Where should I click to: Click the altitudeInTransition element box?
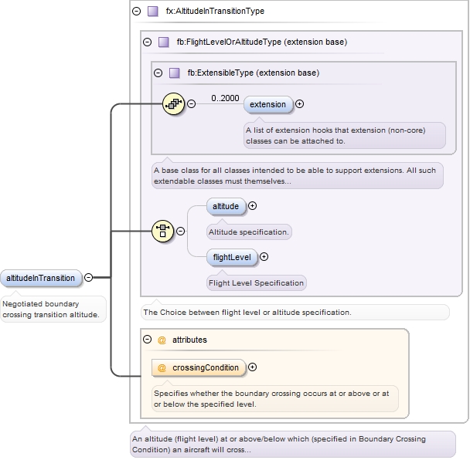[x=41, y=278]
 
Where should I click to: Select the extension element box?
[x=267, y=104]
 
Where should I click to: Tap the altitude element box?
[x=226, y=206]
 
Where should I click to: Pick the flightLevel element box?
[x=232, y=257]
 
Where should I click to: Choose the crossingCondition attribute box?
[x=199, y=368]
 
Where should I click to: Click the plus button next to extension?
[x=300, y=104]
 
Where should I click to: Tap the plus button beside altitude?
[x=252, y=206]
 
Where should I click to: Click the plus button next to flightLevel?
[x=264, y=257]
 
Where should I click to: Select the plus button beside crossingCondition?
[x=252, y=368]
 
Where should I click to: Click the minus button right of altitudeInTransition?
[x=89, y=278]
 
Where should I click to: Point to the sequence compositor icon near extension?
[x=173, y=103]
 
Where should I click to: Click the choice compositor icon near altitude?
[x=162, y=230]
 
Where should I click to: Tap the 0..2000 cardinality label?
[x=225, y=98]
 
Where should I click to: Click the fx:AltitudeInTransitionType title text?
[x=215, y=12]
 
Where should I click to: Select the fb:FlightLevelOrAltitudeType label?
[x=261, y=42]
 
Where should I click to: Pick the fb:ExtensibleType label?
[x=253, y=73]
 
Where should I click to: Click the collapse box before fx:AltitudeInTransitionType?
[x=136, y=12]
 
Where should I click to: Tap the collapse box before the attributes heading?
[x=147, y=340]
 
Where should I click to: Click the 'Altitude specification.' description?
[x=249, y=232]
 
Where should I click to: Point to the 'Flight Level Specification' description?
[x=256, y=282]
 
